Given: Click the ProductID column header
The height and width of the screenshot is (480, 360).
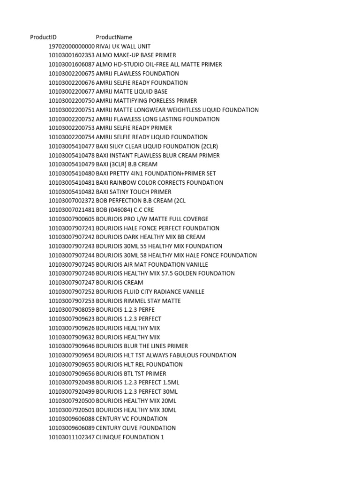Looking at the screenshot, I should tap(44, 37).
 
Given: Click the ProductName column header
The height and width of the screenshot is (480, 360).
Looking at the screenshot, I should tap(114, 37).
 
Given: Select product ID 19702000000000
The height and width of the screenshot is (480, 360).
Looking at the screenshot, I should tap(71, 46).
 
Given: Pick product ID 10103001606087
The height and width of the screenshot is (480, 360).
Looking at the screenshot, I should tap(71, 64).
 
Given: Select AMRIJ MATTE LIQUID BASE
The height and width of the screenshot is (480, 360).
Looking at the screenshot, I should tap(132, 91).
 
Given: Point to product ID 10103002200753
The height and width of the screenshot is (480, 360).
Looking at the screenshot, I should tap(71, 128).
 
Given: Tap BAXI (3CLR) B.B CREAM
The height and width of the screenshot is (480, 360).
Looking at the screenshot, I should tap(127, 165).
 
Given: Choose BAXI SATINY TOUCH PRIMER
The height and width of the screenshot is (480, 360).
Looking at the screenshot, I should tap(134, 192).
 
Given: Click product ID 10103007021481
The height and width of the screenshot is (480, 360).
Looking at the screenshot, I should tap(71, 210).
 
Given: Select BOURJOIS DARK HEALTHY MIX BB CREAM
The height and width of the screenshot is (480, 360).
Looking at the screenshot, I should tap(150, 237).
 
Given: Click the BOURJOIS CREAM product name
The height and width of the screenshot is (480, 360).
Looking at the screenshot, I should tap(120, 283).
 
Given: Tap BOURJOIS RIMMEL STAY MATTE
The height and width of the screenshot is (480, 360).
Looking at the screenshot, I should tap(138, 301).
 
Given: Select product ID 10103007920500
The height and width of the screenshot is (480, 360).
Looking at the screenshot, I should tap(71, 401).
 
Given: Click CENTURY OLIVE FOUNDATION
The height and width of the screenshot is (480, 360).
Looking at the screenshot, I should tap(136, 428).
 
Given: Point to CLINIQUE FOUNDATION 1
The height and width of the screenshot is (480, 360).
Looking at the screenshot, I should tap(130, 437).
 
